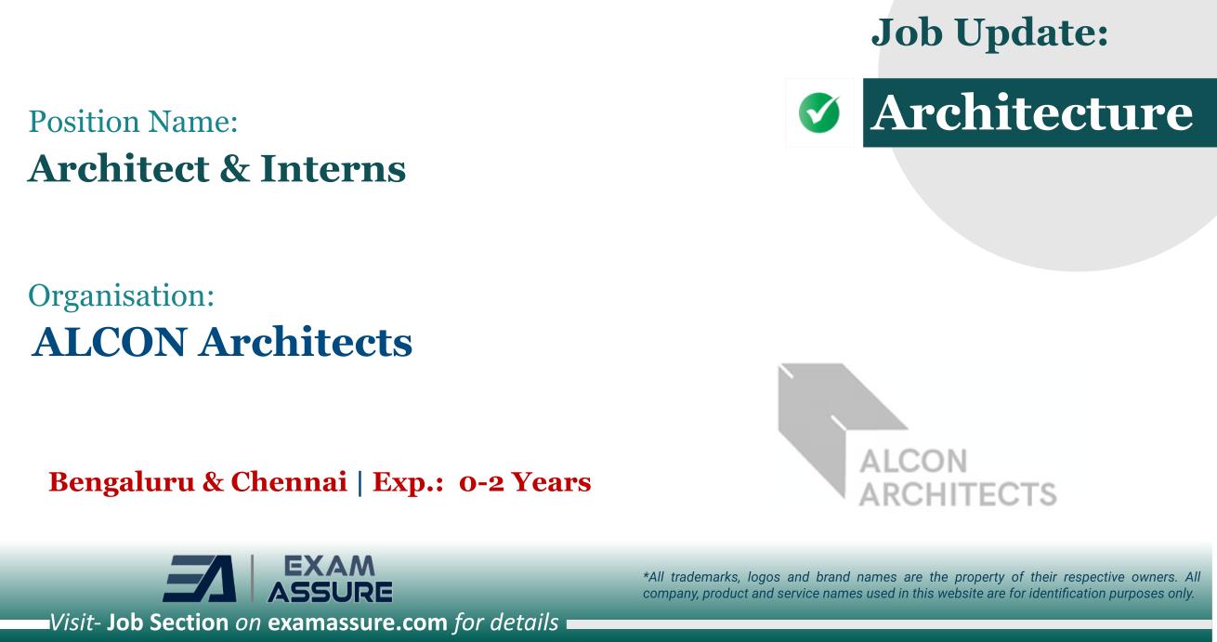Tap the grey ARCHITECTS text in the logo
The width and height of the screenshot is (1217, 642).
tap(958, 492)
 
